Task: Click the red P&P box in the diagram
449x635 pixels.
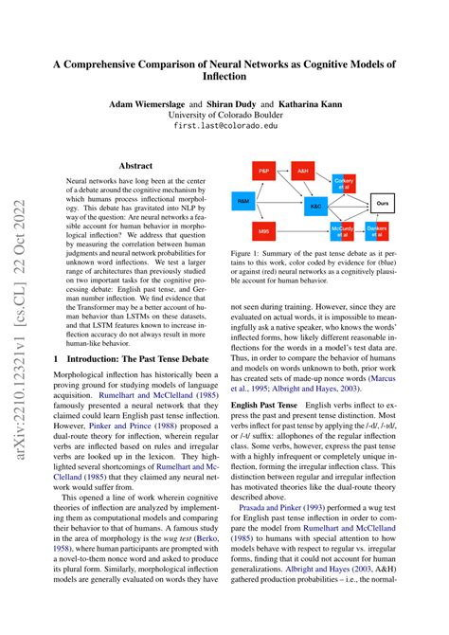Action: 266,172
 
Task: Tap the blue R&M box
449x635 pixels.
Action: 243,202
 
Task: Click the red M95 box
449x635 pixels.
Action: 264,232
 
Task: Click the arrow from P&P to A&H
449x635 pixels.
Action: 284,172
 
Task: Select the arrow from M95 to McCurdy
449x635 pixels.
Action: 303,232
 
